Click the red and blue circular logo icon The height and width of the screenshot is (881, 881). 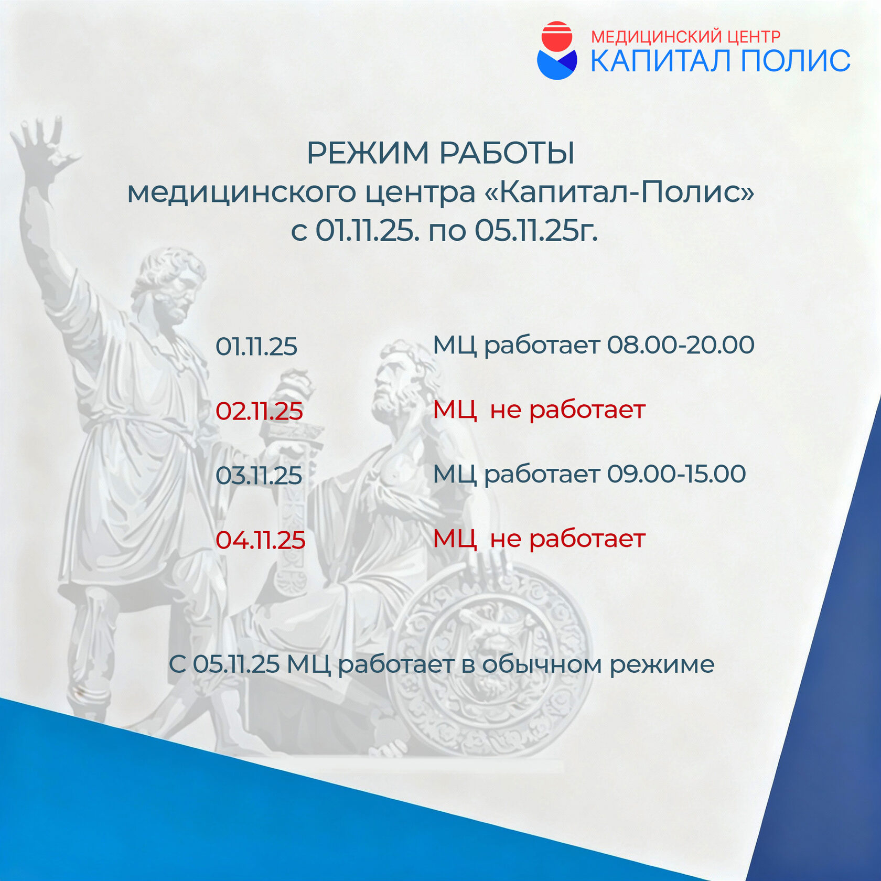coord(557,50)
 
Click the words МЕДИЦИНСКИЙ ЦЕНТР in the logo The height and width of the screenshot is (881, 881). coord(685,37)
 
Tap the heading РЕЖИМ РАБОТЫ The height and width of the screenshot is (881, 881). coord(440,153)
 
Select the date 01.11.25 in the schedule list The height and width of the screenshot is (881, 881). coord(256,347)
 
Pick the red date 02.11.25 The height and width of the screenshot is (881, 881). coord(259,411)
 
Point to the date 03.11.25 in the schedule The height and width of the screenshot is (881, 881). coord(259,476)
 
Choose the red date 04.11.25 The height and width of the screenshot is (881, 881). coord(260,540)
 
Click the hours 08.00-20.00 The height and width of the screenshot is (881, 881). coord(681,345)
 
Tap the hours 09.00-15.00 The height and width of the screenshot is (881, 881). coord(676,474)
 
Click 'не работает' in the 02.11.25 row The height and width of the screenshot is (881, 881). coord(567,410)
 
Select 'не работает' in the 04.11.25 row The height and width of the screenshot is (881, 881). coord(567,539)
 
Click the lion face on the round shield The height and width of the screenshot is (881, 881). coord(485,645)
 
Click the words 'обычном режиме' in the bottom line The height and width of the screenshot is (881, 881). coord(598,665)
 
